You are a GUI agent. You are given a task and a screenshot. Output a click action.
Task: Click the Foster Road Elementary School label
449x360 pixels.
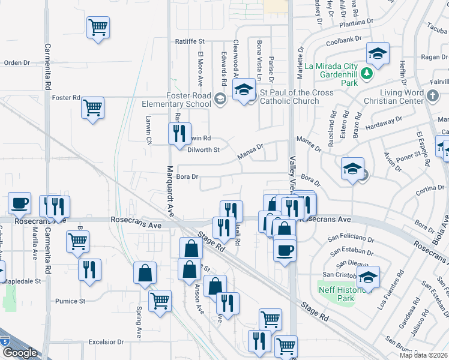click(x=181, y=99)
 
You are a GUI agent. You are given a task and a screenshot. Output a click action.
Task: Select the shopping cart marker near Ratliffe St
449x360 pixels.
click(x=98, y=27)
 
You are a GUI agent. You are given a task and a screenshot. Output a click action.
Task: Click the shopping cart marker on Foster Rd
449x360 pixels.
click(x=92, y=107)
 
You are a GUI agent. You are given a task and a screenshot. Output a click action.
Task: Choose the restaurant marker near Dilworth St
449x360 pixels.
click(x=178, y=134)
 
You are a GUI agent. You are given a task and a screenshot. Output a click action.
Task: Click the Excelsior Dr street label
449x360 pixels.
click(x=106, y=342)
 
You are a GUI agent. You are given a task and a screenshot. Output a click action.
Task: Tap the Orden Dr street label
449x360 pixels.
click(x=17, y=62)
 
